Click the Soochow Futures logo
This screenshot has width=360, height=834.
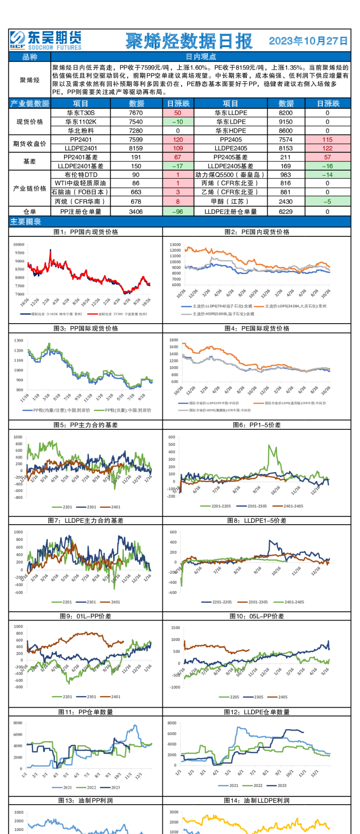pos(46,40)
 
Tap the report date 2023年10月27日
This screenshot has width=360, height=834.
pos(308,41)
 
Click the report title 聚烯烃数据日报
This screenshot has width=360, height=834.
pos(189,41)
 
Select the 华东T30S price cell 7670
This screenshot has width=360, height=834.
pos(136,113)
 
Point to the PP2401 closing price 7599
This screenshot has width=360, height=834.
pos(136,139)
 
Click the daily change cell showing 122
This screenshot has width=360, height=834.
pos(327,148)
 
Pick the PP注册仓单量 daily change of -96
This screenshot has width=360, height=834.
pos(178,211)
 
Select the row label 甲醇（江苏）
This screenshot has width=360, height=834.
pos(230,202)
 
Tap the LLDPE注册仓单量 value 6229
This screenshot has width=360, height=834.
pos(286,211)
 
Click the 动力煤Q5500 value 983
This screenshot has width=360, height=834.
pos(286,175)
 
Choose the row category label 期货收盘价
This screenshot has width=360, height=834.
pos(30,143)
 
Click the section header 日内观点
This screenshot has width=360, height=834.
pos(201,57)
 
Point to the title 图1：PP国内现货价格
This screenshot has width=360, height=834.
pos(85,232)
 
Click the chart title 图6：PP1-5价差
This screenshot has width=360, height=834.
pos(257,425)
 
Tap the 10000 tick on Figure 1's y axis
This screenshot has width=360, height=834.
pos(19,244)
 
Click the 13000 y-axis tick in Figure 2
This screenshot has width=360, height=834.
pos(175,245)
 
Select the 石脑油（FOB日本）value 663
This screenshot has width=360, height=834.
pos(136,192)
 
